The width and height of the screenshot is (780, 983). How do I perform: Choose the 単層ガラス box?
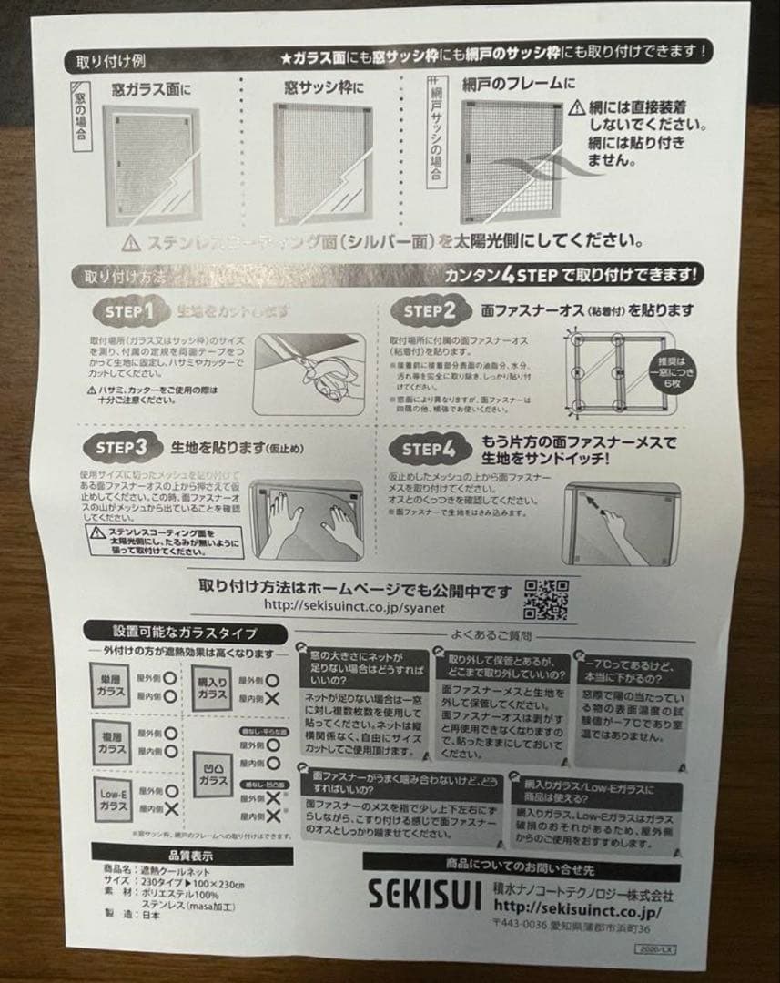point(112,687)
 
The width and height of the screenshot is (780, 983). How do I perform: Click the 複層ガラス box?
point(113,743)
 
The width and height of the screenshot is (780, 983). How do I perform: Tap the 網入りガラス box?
point(212,688)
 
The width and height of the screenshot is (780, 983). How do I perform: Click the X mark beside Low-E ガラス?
point(171,808)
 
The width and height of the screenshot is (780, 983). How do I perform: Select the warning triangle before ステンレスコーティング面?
point(131,243)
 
